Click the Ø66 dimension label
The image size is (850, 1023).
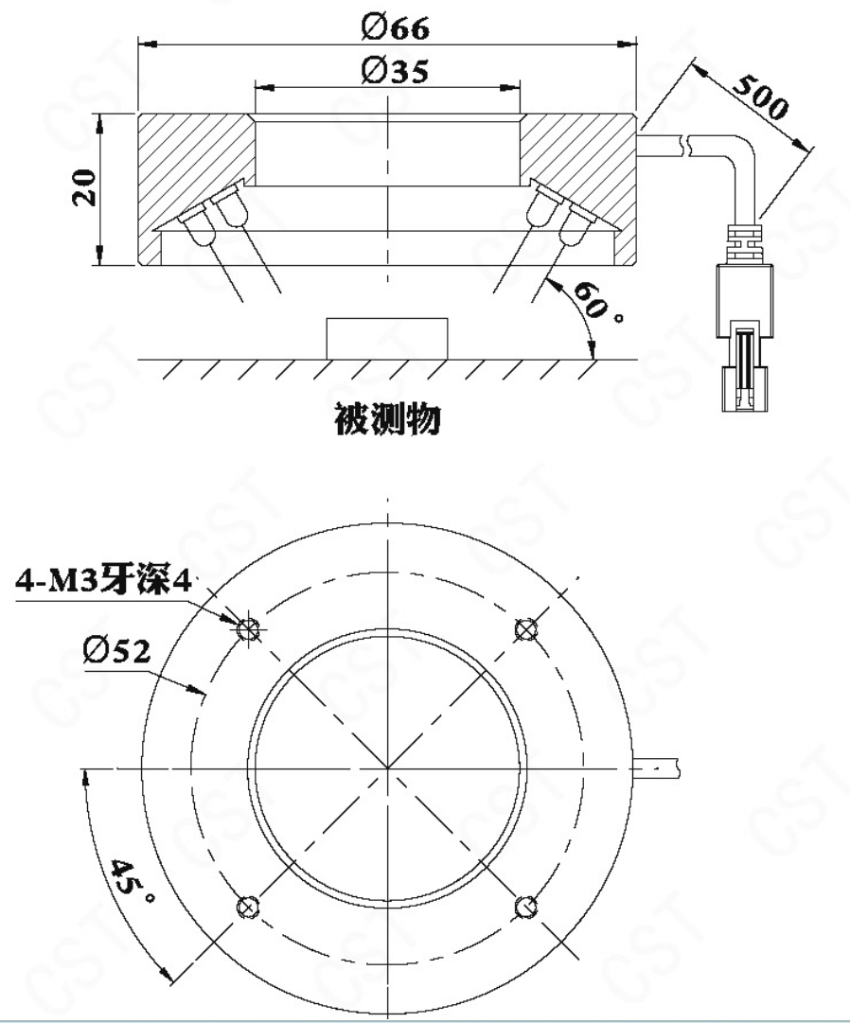coord(396,27)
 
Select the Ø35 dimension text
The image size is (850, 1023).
coord(396,70)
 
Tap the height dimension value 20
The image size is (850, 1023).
coord(84,188)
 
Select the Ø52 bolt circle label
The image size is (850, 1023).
coord(116,650)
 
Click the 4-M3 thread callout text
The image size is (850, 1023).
coord(104,580)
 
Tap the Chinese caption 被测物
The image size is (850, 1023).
coord(387,418)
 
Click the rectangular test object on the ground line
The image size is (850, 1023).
coord(387,338)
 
